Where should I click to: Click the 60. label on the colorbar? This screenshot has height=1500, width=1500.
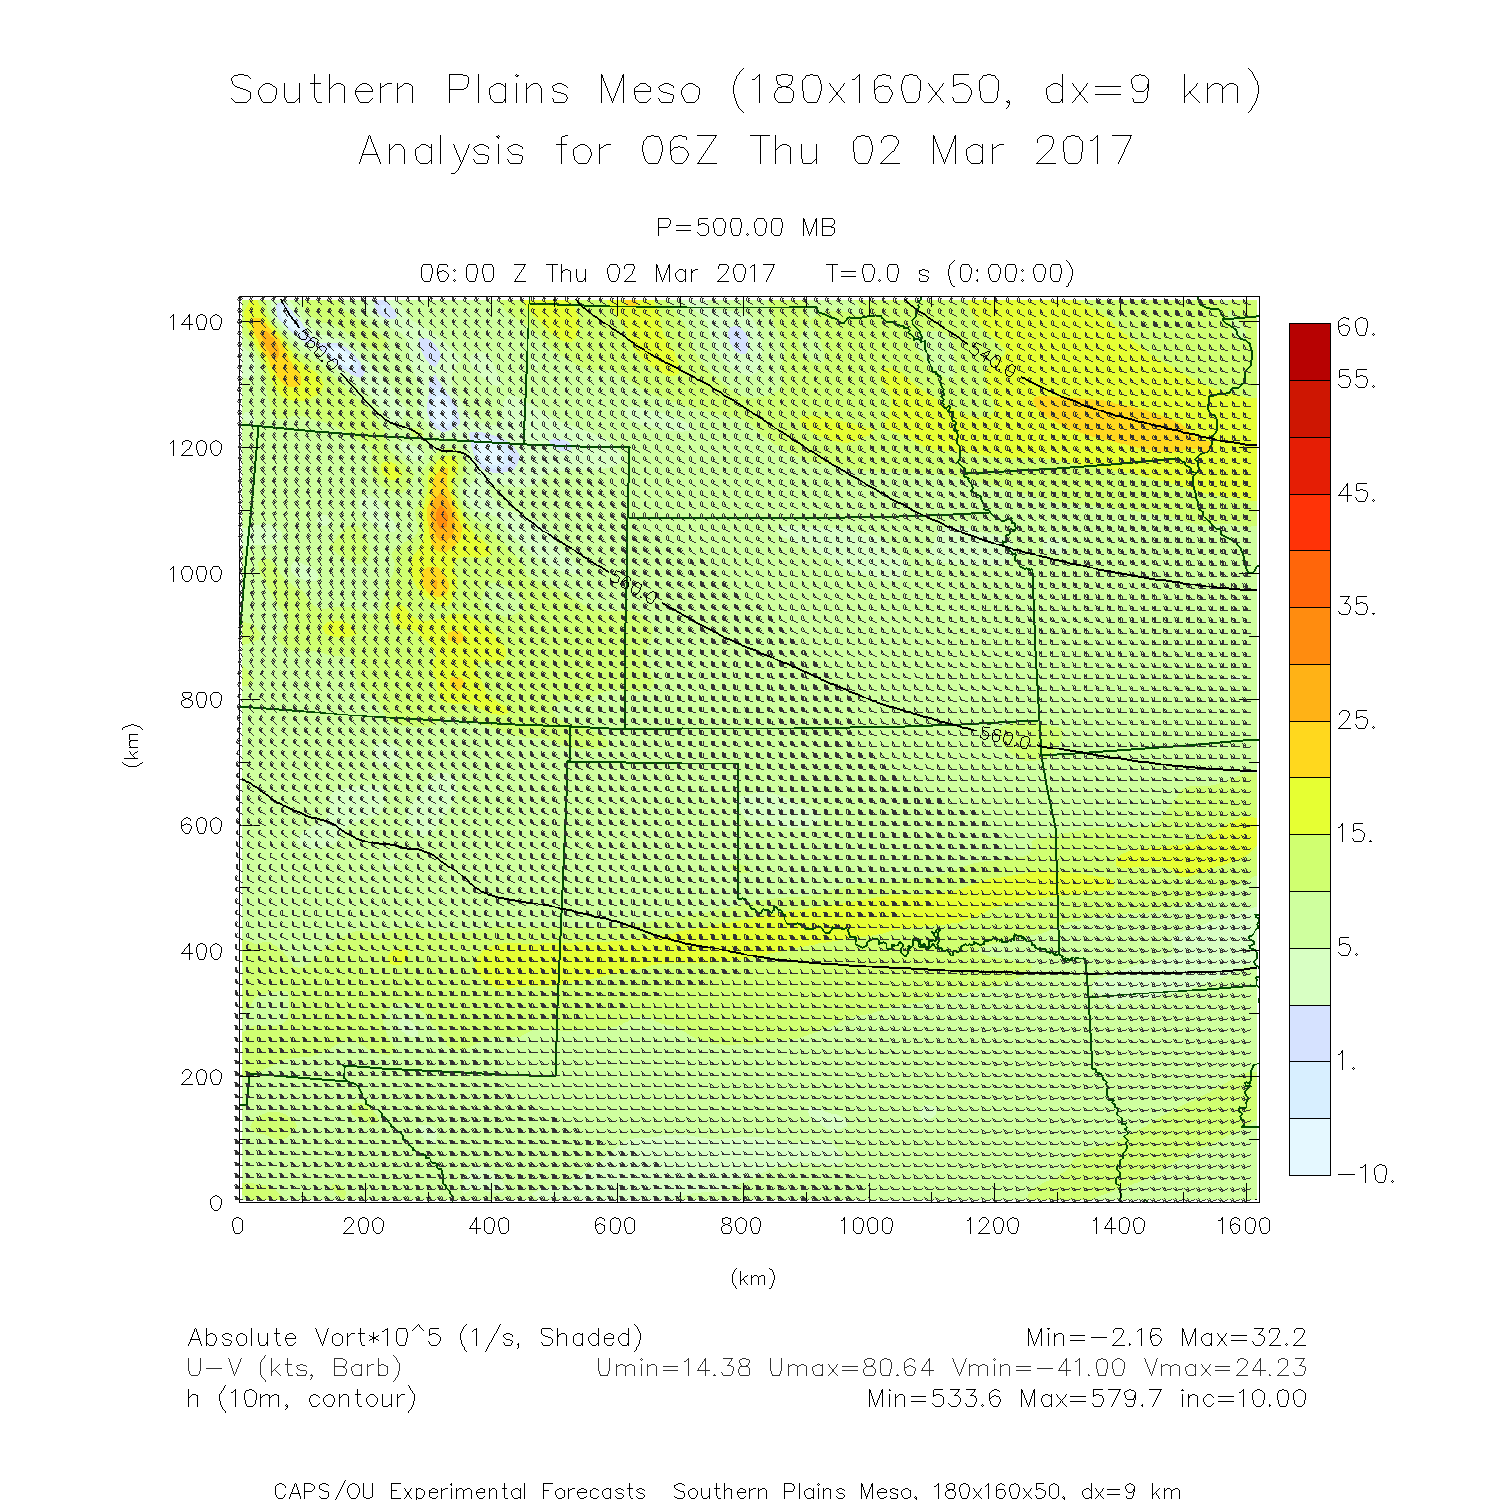[1356, 327]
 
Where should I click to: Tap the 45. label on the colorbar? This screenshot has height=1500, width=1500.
[1356, 493]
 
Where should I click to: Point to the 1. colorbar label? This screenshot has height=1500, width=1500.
[1347, 1061]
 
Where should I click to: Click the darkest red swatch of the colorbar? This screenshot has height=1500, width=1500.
[1310, 351]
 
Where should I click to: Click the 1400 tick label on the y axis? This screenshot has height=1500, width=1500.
[195, 322]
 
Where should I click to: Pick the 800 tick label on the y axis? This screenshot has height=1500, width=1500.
[201, 700]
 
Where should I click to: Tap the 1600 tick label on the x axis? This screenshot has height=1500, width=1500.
[1243, 1226]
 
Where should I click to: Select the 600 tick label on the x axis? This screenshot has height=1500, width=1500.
[614, 1226]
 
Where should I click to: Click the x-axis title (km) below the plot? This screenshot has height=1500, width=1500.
[752, 1278]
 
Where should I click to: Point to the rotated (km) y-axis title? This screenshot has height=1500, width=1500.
[132, 745]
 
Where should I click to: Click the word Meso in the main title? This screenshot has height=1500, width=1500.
[650, 90]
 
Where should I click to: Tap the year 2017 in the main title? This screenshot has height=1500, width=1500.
[1083, 151]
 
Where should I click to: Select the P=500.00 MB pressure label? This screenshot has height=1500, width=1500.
[746, 228]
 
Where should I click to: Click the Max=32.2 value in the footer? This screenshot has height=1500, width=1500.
[1243, 1338]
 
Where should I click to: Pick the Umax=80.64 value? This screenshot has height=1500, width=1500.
[851, 1368]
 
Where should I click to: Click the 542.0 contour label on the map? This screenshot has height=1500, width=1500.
[993, 361]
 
